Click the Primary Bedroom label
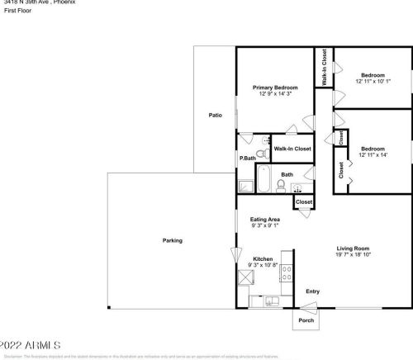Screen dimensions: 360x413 coord(275,87)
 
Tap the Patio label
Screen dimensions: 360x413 coord(215,115)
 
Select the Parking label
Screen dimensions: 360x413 coord(172,240)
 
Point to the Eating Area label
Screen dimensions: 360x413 coord(264,219)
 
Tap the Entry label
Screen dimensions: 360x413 coord(312,291)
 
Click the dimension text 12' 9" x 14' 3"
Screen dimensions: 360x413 coord(275,94)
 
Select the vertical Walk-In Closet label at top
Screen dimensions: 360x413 coord(324,67)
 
